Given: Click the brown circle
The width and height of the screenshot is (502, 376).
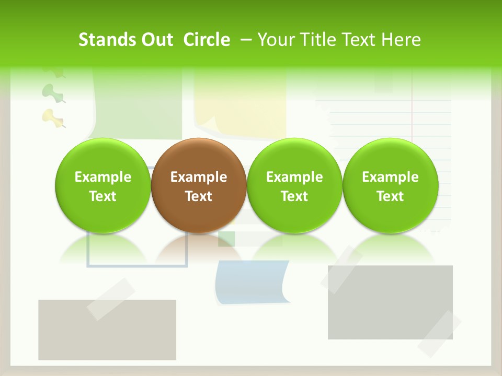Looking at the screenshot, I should [199, 186].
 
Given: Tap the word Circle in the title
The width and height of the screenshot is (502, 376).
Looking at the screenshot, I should [207, 40].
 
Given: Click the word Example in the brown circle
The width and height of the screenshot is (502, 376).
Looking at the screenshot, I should [199, 177].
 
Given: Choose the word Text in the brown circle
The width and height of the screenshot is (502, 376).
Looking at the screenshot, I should [199, 196].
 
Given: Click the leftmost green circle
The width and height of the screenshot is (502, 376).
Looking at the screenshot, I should [103, 186].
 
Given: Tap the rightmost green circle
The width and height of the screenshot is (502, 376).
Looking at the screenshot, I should [391, 186].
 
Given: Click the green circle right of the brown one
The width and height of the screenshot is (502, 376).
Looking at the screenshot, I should [294, 186].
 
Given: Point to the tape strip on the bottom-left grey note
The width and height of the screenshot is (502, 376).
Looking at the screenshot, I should [110, 299].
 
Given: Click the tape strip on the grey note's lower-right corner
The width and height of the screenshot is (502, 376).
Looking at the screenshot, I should [439, 334].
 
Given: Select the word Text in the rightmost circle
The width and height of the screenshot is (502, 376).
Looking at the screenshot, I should [391, 196].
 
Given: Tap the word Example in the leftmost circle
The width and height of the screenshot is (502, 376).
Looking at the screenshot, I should [103, 177].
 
